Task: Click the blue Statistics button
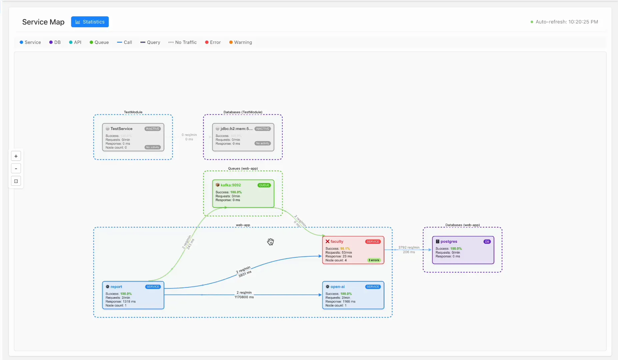pyautogui.click(x=90, y=22)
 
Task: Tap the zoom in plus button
pyautogui.click(x=16, y=156)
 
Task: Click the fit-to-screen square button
pyautogui.click(x=16, y=181)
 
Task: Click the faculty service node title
pyautogui.click(x=337, y=241)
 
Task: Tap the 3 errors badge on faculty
pyautogui.click(x=374, y=260)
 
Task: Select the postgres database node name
pyautogui.click(x=449, y=241)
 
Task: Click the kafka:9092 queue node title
pyautogui.click(x=230, y=185)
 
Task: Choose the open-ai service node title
pyautogui.click(x=337, y=287)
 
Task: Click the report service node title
pyautogui.click(x=116, y=287)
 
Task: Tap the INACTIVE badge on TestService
pyautogui.click(x=153, y=129)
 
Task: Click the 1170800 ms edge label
pyautogui.click(x=244, y=297)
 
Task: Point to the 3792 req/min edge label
pyautogui.click(x=409, y=247)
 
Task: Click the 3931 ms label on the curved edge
pyautogui.click(x=245, y=274)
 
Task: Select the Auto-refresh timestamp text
pyautogui.click(x=566, y=22)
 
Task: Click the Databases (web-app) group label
pyautogui.click(x=462, y=225)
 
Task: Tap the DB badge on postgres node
pyautogui.click(x=487, y=242)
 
